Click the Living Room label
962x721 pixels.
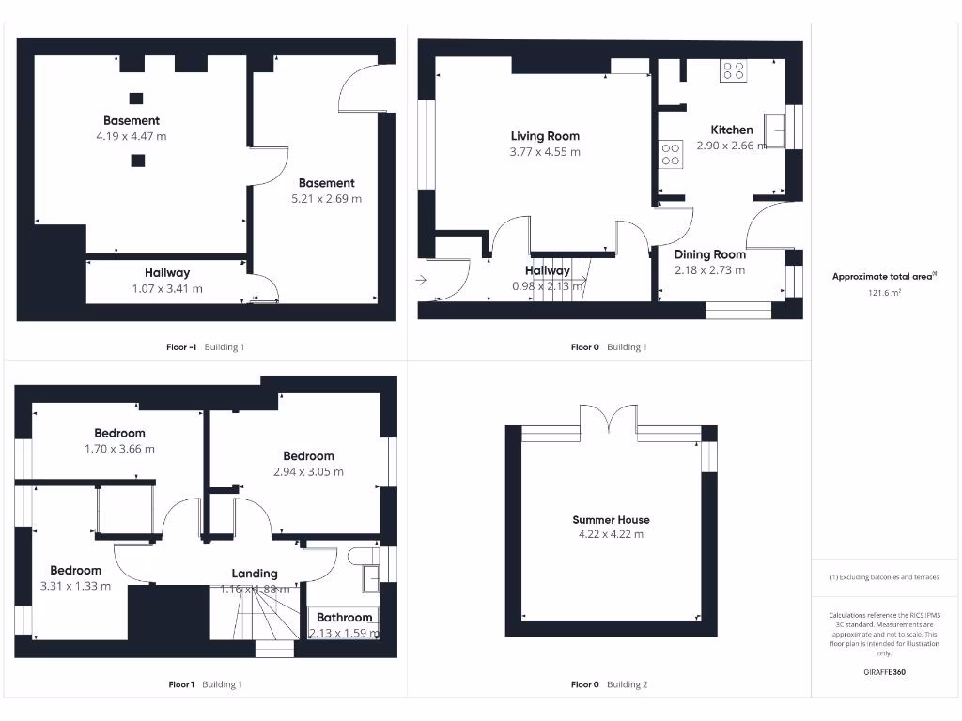pos(545,136)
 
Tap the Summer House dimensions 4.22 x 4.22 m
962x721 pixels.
pos(612,534)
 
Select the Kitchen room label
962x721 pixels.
pos(731,130)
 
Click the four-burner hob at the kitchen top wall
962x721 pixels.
pos(733,70)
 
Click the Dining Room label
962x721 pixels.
pos(709,254)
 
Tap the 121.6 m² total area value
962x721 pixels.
pos(883,293)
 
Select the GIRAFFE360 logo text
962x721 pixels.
pos(884,672)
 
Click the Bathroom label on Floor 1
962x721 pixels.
pos(344,617)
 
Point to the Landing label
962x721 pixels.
pos(255,573)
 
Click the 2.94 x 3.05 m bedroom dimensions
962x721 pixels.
pos(308,471)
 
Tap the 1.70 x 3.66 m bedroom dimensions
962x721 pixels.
pos(119,449)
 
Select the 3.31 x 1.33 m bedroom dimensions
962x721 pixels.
pos(75,586)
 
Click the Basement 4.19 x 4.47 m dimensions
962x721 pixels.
pos(132,136)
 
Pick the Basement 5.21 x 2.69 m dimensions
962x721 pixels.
pos(326,198)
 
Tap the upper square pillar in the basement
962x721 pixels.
pos(136,98)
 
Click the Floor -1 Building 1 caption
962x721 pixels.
pos(205,347)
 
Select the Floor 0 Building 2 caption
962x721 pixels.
pos(609,684)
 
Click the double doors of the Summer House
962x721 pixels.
pos(609,420)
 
